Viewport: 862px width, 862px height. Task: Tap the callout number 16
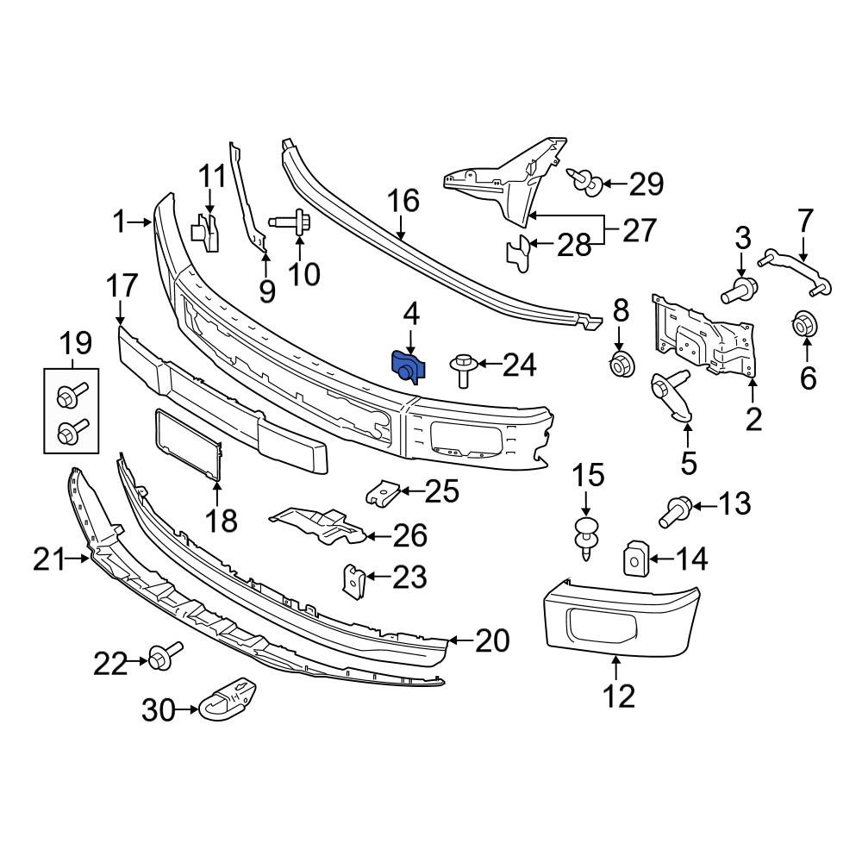pos(404,201)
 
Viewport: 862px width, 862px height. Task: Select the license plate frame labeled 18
pos(189,444)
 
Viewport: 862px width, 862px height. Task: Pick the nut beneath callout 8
pos(622,364)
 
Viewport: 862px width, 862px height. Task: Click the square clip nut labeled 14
pos(634,558)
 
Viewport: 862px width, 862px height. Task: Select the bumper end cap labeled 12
pos(621,617)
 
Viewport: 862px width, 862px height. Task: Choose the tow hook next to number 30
pos(228,697)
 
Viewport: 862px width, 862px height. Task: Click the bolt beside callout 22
pos(165,653)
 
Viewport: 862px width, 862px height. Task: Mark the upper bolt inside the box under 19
pos(72,395)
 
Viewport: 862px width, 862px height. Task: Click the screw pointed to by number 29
pos(584,181)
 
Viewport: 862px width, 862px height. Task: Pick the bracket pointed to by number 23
pos(354,580)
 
